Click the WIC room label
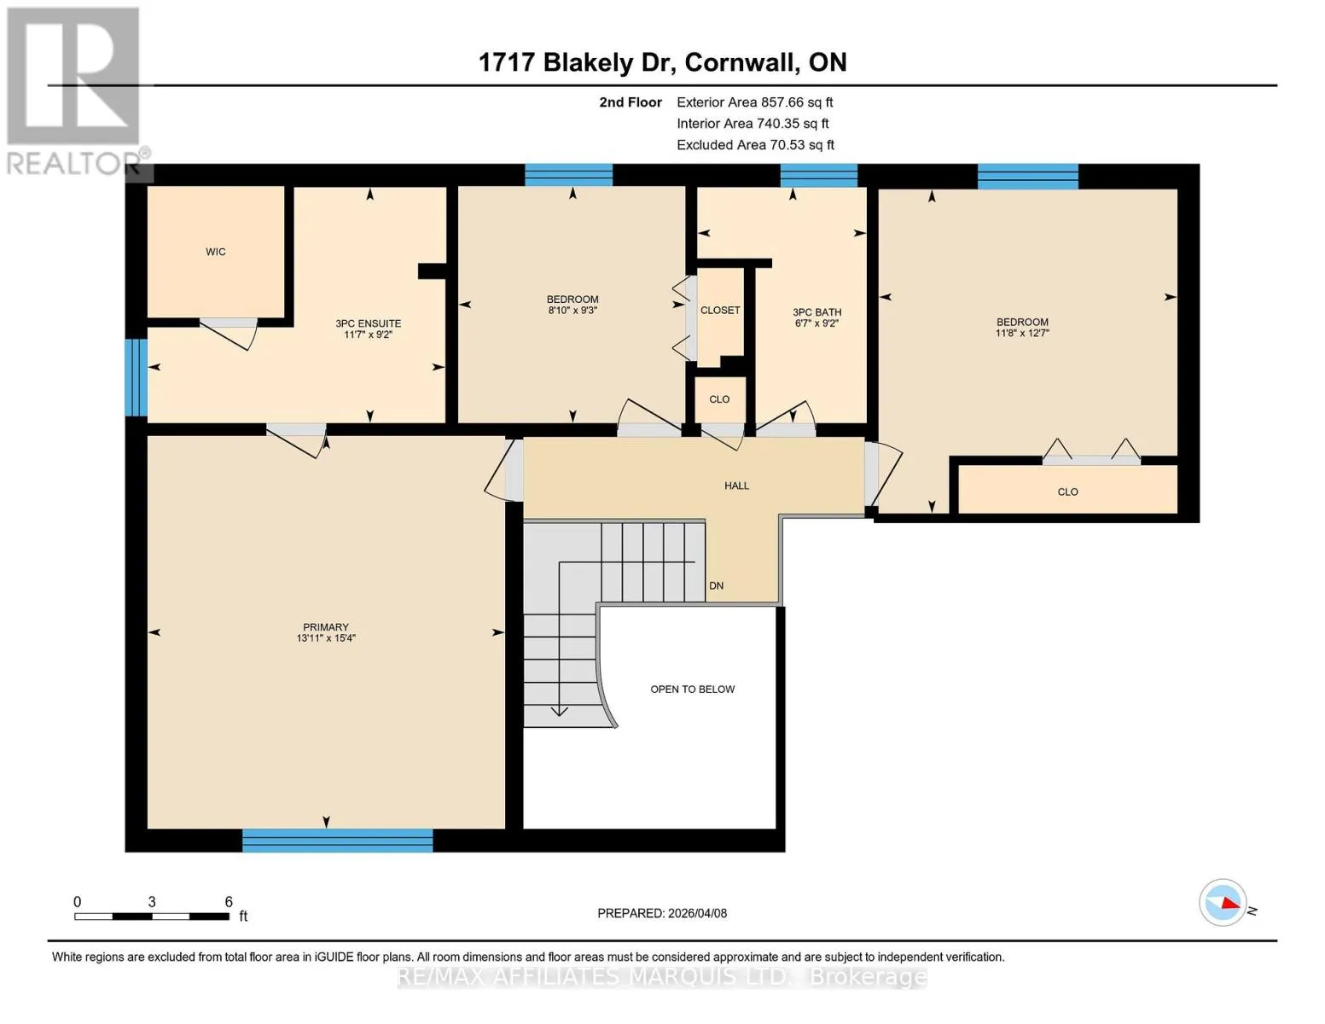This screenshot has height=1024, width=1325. coord(215,252)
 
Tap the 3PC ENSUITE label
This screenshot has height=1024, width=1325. coord(369,323)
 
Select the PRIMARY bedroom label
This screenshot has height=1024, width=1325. coord(326,627)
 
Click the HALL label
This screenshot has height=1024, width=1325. coord(736,486)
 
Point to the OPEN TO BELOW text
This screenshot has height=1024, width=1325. coord(693,689)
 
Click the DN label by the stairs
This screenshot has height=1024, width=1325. coord(717,585)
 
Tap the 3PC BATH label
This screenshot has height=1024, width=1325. coord(817,312)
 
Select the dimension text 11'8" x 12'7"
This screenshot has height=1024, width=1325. coord(1023,333)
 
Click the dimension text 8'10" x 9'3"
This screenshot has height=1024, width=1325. coord(572,311)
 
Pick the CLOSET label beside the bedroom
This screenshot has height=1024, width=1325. coord(720,311)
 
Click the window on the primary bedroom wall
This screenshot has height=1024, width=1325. coord(338,840)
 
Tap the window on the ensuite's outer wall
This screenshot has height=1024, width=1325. coord(136,377)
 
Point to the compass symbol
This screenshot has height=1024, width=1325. coord(1223,903)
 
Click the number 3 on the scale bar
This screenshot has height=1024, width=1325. coord(152,901)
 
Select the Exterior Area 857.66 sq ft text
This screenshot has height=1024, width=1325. coord(755,102)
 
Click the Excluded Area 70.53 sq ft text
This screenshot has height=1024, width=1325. coord(755,145)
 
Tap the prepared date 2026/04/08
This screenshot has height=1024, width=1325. coord(698,913)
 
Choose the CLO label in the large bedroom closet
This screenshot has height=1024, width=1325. coord(1067,492)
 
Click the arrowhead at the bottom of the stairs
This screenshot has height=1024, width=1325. coord(559,711)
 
